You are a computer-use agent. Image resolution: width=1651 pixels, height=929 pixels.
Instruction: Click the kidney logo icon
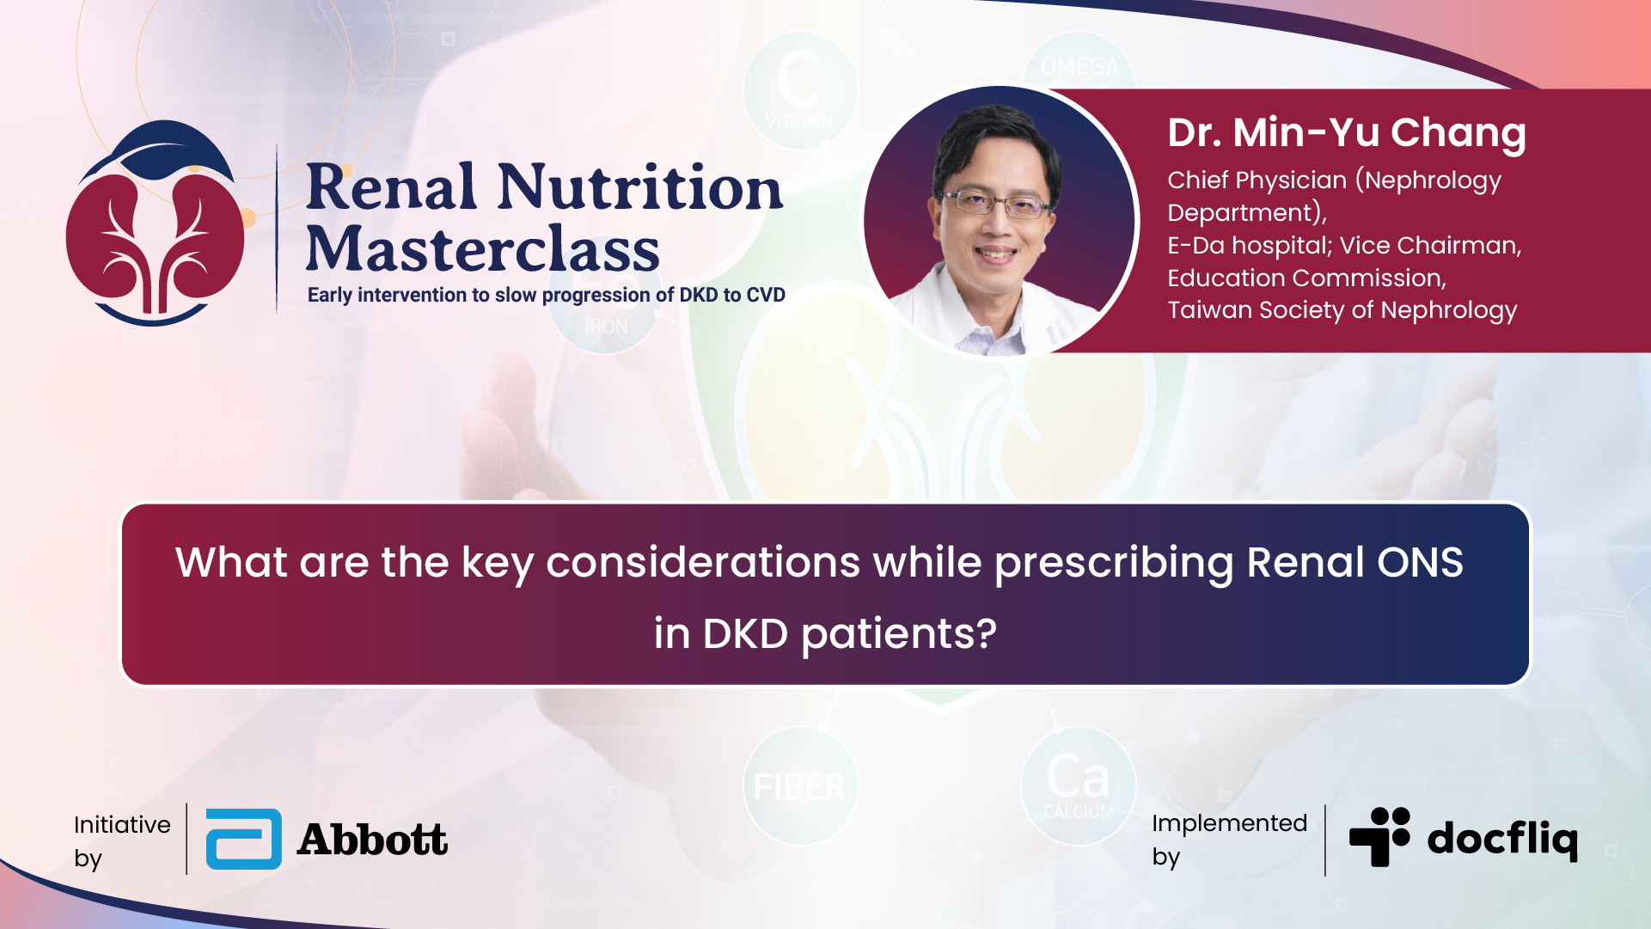click(156, 223)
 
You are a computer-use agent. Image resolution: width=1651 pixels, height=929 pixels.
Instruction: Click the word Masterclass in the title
click(483, 249)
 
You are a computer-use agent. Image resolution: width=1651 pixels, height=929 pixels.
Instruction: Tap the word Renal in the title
click(391, 186)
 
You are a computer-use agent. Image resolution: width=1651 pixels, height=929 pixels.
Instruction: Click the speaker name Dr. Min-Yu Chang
click(1347, 132)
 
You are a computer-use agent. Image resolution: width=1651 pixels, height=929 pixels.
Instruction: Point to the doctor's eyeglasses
click(998, 204)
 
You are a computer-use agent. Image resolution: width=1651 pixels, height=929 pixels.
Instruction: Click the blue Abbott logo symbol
click(244, 839)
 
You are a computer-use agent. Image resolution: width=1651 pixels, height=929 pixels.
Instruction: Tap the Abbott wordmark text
click(372, 840)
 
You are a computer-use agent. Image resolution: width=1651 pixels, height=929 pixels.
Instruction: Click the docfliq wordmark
click(1502, 839)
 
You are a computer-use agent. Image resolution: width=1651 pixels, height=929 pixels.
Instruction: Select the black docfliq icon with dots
click(1380, 836)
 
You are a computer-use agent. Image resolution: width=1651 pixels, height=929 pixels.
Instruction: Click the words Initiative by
click(122, 840)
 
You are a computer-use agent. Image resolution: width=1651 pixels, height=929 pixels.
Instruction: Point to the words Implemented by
click(1229, 839)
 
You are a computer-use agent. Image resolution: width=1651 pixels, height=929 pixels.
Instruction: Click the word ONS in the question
click(1421, 563)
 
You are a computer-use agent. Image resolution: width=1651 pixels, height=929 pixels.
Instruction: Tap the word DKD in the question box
click(745, 634)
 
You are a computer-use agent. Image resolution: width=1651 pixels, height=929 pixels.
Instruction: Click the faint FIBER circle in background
click(800, 785)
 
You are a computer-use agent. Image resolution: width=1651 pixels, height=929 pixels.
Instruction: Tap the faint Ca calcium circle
click(1079, 785)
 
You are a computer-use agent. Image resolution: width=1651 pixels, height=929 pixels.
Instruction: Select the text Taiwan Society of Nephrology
click(1342, 310)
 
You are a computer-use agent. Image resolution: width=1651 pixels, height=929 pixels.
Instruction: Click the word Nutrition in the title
click(640, 186)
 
